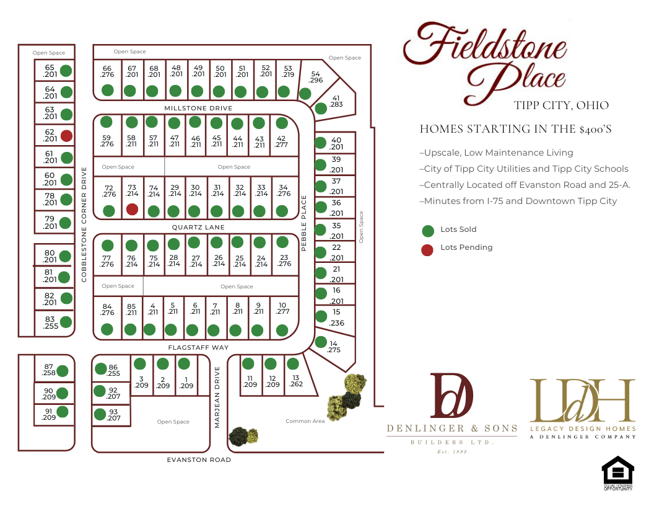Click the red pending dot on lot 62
66,135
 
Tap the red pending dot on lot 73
132,210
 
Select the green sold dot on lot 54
305,94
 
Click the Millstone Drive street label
198,109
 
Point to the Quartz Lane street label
198,228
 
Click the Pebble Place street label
304,223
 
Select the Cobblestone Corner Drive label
84,224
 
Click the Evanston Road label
199,460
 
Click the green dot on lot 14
321,342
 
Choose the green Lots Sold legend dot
427,231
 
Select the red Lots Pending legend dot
427,250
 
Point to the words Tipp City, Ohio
561,105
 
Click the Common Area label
305,422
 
